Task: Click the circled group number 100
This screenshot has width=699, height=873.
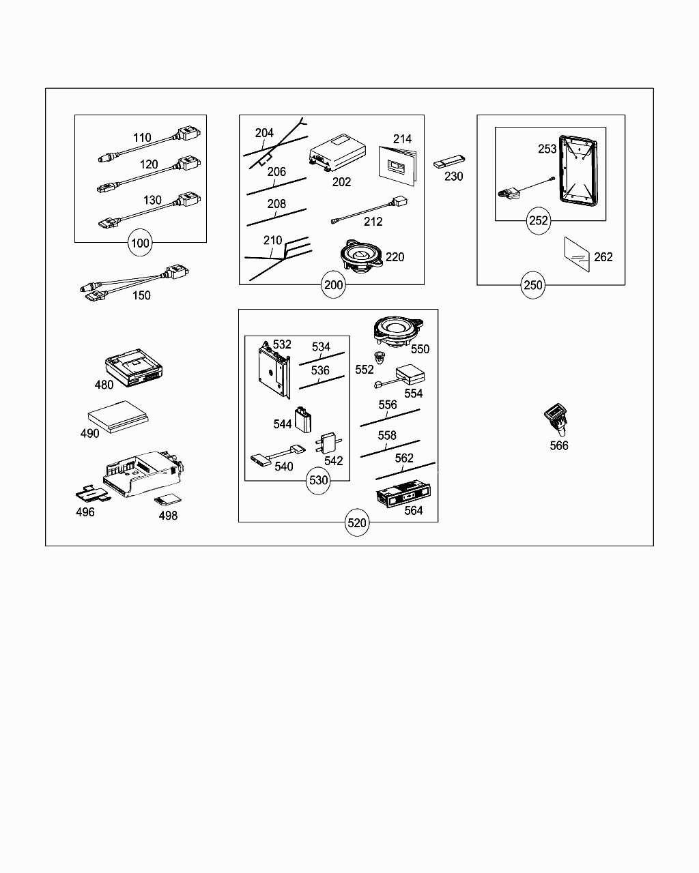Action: click(140, 243)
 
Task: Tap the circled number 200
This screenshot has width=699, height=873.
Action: click(333, 285)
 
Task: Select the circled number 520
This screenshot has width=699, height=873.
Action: click(357, 522)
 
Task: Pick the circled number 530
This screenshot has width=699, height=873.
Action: click(318, 480)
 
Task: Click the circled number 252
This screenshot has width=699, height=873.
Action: click(539, 221)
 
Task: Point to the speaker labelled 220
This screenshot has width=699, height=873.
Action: click(361, 255)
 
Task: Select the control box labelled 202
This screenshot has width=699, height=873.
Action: click(337, 152)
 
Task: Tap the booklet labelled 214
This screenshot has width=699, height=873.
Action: click(398, 166)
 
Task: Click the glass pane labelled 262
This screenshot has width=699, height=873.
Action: click(577, 255)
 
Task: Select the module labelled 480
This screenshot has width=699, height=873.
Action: click(134, 368)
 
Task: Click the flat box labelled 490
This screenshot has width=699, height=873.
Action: click(118, 417)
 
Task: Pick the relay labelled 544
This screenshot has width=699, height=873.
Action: click(303, 420)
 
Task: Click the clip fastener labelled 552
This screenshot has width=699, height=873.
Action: click(380, 357)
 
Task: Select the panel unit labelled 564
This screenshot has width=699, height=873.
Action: click(403, 494)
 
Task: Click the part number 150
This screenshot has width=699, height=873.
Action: click(141, 295)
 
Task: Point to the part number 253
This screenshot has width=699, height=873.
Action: click(547, 149)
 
